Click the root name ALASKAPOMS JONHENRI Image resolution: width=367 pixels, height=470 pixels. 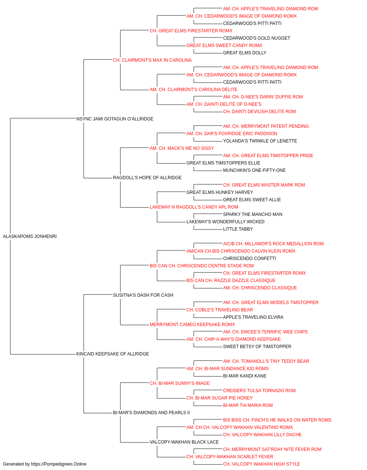(30, 236)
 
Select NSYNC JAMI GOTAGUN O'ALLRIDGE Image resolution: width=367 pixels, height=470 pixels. (115, 119)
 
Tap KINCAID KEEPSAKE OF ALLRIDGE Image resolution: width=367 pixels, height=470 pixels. (113, 354)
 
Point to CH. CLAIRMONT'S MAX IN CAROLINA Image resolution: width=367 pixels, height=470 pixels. (152, 60)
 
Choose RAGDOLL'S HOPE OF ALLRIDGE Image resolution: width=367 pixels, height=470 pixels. (147, 178)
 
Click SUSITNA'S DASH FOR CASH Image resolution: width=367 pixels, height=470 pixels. (143, 295)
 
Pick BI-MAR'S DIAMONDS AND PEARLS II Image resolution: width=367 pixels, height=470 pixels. (151, 412)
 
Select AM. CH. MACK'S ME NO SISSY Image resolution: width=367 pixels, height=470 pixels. (182, 148)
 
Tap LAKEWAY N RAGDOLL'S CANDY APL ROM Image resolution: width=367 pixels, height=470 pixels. (194, 207)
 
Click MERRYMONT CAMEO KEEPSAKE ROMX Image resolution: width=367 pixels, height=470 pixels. (192, 325)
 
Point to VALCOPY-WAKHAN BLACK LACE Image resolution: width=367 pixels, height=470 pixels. (184, 442)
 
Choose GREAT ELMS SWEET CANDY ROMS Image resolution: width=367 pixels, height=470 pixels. (224, 46)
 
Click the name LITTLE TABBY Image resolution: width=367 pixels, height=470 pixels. (238, 229)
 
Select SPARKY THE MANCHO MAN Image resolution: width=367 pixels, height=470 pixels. (252, 214)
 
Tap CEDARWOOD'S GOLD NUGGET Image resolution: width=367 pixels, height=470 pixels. (257, 38)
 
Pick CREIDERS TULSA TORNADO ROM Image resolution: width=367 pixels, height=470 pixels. (259, 391)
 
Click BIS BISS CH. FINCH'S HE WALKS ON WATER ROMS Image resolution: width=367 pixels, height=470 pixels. (277, 420)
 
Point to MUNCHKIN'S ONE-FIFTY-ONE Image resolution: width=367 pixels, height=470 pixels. (254, 170)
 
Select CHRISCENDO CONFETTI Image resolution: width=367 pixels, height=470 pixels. (250, 258)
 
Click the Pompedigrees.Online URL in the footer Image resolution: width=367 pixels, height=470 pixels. (59, 464)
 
